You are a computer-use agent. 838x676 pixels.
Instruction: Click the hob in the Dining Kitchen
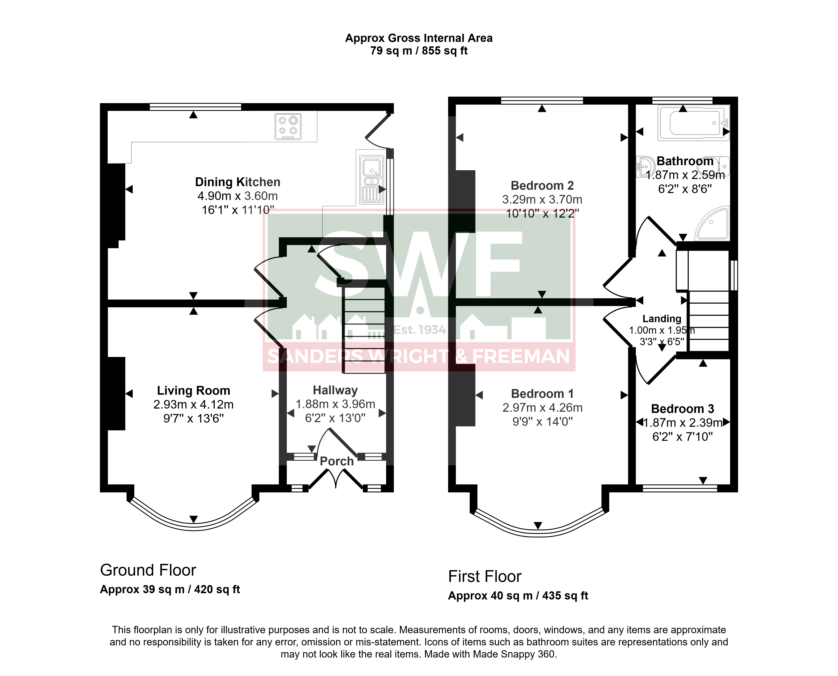pos(288,126)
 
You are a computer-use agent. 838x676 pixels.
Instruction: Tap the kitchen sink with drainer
pos(372,179)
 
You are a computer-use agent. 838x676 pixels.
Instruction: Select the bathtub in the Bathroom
pos(694,123)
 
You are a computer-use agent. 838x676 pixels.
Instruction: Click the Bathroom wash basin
pos(645,167)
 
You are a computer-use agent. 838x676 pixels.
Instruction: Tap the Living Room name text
pos(193,391)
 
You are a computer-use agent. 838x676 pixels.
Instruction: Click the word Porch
pos(337,461)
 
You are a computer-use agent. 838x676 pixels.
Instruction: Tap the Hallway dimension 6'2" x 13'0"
pos(335,418)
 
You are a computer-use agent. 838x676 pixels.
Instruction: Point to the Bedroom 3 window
pos(680,488)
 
